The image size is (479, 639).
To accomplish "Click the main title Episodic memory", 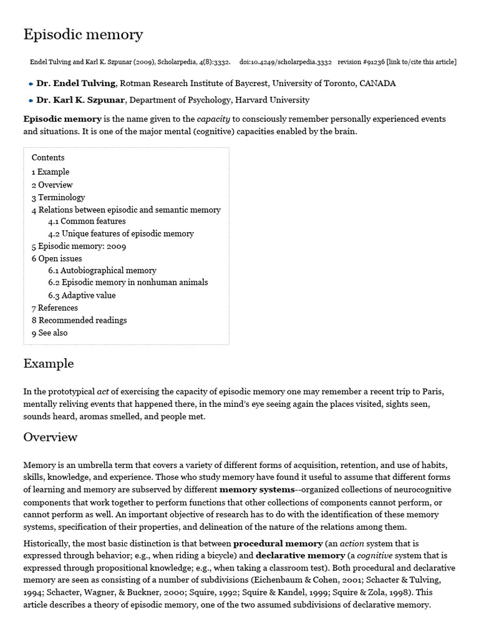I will coord(83,34).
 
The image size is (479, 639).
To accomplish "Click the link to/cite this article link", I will coord(422,62).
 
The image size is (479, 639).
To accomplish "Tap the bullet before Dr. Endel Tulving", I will coord(31,84).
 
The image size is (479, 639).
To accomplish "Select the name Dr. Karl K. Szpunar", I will coord(75,100).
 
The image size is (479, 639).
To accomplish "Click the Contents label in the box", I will coord(48,158).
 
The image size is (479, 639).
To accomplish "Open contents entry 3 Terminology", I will coord(58,197).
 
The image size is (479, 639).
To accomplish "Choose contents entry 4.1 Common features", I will coord(87,221).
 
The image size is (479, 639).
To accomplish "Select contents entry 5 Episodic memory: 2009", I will coord(79,246).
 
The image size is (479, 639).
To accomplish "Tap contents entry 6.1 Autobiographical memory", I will coord(102,270).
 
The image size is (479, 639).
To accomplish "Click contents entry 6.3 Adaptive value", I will coord(82,295).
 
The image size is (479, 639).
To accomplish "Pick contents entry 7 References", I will coord(55,308).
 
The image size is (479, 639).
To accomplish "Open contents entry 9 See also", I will coord(50,333).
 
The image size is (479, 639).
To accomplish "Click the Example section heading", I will coord(49,363).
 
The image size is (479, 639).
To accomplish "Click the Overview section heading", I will coord(51,437).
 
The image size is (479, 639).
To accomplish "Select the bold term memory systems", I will coord(256,490).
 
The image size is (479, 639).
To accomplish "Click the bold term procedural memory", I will coord(278,544).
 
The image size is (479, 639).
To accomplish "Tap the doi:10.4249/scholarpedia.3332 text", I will coord(286,62).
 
